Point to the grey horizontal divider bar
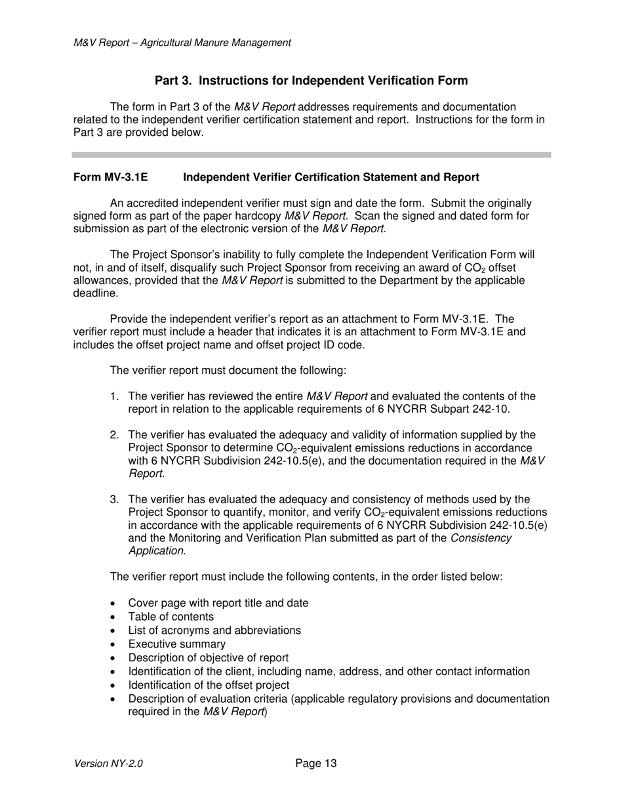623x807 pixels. [311, 155]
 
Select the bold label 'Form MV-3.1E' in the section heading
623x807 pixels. [111, 178]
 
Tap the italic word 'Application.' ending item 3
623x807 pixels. [157, 550]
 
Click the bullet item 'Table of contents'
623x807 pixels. [171, 617]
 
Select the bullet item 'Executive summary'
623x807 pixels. [177, 644]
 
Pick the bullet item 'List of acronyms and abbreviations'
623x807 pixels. [214, 631]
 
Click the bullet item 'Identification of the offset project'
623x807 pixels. [209, 685]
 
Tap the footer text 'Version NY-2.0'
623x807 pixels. [109, 764]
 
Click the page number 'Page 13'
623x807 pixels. [316, 763]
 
